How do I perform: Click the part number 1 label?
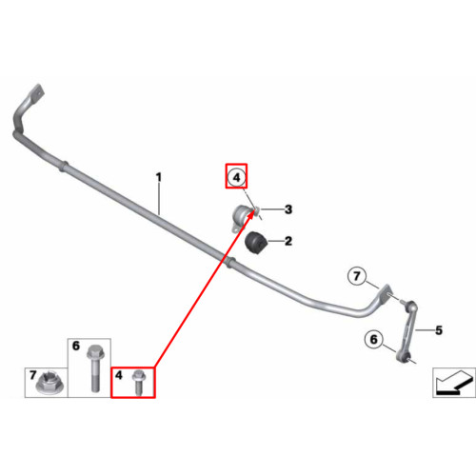(x=159, y=177)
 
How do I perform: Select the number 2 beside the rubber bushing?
(x=288, y=242)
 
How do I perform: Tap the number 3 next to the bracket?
(x=288, y=209)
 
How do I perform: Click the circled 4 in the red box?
(x=236, y=177)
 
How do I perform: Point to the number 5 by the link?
(x=439, y=330)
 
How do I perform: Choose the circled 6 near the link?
(x=374, y=339)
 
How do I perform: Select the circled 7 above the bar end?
(x=357, y=276)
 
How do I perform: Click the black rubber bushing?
(x=256, y=243)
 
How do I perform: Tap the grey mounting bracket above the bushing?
(x=242, y=217)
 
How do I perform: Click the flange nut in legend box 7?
(x=50, y=384)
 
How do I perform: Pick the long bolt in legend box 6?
(x=94, y=368)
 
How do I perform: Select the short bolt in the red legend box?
(x=138, y=383)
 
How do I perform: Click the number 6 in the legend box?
(x=76, y=346)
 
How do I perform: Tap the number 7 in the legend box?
(x=33, y=375)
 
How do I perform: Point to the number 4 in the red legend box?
(x=119, y=375)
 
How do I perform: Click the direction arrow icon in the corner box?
(x=455, y=383)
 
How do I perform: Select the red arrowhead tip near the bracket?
(x=255, y=210)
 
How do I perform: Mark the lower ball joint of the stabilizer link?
(x=403, y=357)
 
